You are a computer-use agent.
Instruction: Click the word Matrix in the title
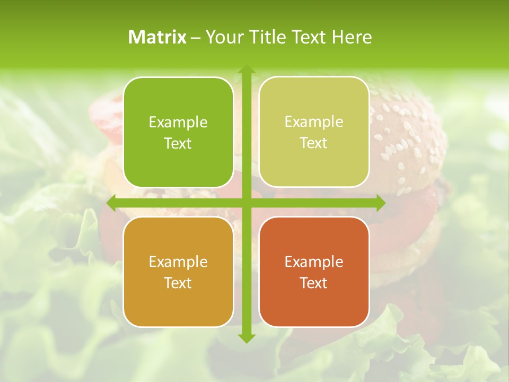(x=157, y=37)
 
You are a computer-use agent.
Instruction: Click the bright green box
(x=178, y=133)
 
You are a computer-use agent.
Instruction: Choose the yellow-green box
(x=314, y=132)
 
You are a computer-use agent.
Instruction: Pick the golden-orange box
(x=178, y=272)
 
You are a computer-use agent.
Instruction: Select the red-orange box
(x=314, y=272)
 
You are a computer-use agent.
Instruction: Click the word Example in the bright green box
(x=178, y=123)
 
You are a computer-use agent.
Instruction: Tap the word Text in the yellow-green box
(x=314, y=143)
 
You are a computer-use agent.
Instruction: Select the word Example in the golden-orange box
(x=178, y=262)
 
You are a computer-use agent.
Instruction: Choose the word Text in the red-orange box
(x=314, y=283)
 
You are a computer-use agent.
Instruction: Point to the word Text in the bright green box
(x=178, y=143)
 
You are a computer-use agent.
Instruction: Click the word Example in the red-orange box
(x=314, y=262)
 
